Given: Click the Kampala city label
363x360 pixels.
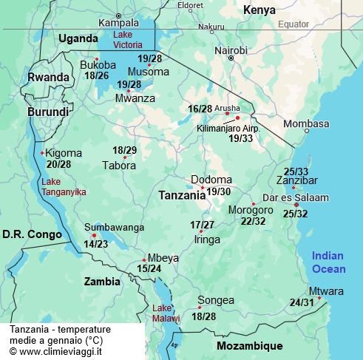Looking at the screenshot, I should tap(119, 23).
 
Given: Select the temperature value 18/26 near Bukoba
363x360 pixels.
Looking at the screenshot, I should tap(97, 75).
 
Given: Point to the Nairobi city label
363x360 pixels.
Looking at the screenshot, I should tap(231, 50).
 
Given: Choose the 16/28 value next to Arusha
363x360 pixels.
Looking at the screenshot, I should tap(200, 109).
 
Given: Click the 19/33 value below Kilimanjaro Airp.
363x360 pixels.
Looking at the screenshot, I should tap(241, 138).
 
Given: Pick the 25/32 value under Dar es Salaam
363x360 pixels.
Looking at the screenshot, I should tap(296, 214).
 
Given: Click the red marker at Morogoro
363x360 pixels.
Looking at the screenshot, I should tap(253, 204).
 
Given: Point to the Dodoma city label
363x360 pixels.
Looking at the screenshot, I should tap(211, 180).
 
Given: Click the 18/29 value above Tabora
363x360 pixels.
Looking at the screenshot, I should tap(124, 150).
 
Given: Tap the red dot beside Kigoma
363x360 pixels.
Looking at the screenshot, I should tap(42, 153).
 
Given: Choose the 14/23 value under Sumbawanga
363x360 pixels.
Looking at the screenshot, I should tap(95, 243).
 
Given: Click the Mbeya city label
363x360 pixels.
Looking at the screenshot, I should tap(163, 258).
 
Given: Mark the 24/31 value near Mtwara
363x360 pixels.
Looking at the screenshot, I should tap(301, 302).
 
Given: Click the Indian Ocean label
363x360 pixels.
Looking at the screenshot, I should tap(328, 262).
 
